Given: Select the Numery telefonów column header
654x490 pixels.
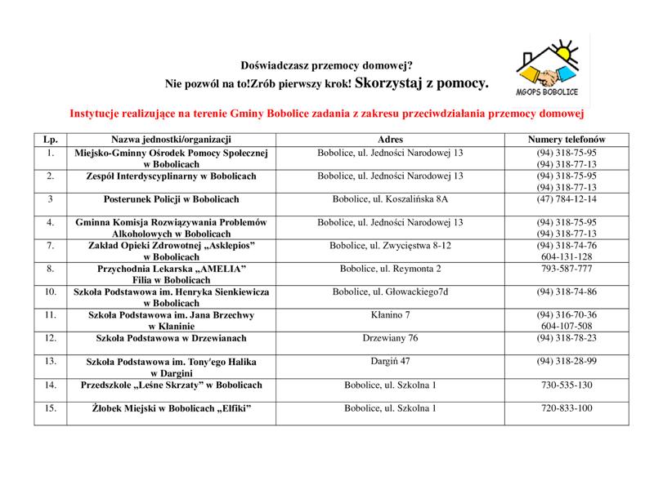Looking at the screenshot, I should point(567,138).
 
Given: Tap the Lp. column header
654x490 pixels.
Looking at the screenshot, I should point(51,138).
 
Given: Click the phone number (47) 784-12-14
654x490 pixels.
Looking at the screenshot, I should point(567,198).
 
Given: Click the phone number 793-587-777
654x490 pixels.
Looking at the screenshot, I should point(567,268).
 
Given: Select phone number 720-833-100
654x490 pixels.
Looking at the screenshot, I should point(567,408).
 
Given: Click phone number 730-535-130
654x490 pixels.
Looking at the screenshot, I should point(567,385).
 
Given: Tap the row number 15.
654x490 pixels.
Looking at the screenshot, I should point(51,408).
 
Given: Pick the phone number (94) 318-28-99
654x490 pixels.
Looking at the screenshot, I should point(567,360).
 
